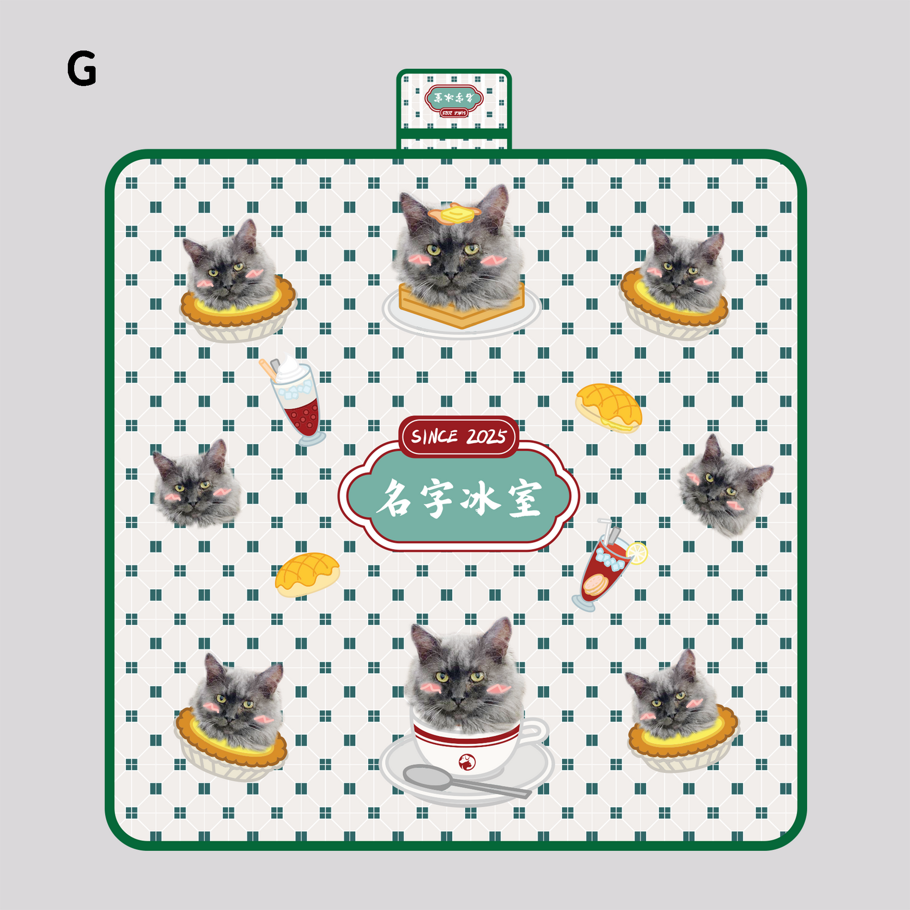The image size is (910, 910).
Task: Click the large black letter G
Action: (x=82, y=69)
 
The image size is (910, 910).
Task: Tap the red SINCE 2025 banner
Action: (x=459, y=437)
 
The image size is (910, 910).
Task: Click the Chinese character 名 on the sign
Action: (x=394, y=498)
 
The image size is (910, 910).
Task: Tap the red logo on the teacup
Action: (x=467, y=762)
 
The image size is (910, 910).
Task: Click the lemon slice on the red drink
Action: (x=638, y=553)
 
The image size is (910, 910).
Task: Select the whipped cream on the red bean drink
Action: (x=290, y=370)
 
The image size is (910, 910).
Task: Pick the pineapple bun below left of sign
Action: (x=307, y=574)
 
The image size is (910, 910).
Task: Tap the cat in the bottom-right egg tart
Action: (x=672, y=696)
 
